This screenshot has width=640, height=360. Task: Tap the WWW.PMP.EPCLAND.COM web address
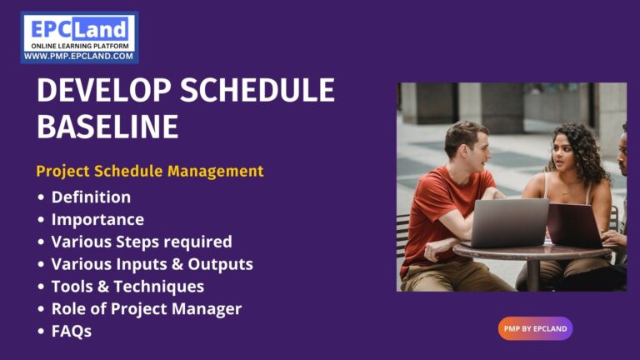tap(79, 57)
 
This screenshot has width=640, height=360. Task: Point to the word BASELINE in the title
tap(107, 127)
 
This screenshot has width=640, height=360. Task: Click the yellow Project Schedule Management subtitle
tap(150, 171)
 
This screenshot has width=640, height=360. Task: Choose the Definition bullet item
tap(91, 197)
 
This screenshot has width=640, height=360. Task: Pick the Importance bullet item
tap(97, 220)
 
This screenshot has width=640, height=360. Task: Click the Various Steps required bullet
tap(142, 242)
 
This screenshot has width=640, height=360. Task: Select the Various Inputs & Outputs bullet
tap(152, 264)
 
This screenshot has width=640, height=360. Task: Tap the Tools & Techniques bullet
tap(127, 287)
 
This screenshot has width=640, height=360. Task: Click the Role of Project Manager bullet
tap(146, 309)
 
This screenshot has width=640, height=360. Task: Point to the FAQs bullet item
tap(71, 331)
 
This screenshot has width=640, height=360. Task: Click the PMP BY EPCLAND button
tap(535, 328)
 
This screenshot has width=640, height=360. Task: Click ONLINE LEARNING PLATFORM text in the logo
tap(79, 46)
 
